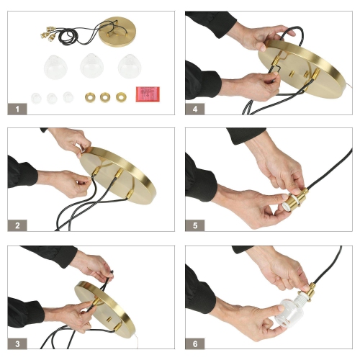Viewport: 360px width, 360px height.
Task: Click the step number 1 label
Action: pyautogui.click(x=17, y=109)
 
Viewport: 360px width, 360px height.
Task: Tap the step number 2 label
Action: pyautogui.click(x=17, y=225)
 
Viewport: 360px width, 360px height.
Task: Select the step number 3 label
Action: pyautogui.click(x=17, y=343)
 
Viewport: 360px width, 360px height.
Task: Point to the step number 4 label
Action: pyautogui.click(x=195, y=109)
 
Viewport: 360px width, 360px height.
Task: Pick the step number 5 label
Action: pyautogui.click(x=195, y=225)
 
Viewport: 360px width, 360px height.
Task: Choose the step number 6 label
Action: pyautogui.click(x=195, y=343)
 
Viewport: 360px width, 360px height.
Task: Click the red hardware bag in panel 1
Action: pyautogui.click(x=148, y=94)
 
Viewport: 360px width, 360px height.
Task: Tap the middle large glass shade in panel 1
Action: pyautogui.click(x=91, y=66)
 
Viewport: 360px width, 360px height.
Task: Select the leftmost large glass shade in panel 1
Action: pyautogui.click(x=55, y=67)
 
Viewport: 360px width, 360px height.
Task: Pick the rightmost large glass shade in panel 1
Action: pyautogui.click(x=130, y=66)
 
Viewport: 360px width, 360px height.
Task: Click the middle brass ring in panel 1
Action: pyautogui.click(x=105, y=97)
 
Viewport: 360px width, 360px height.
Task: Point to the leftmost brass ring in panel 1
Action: pyautogui.click(x=90, y=97)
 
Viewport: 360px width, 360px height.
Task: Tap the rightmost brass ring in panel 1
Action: pyautogui.click(x=121, y=97)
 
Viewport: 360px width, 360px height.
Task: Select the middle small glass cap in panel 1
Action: pyautogui.click(x=52, y=98)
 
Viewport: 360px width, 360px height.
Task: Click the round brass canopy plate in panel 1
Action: pyautogui.click(x=117, y=32)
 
